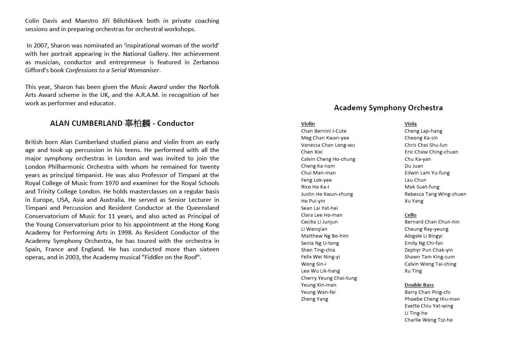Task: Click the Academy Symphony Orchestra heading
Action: click(x=388, y=108)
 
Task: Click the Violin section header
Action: click(x=308, y=124)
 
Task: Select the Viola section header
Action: click(x=411, y=124)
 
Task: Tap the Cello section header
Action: click(x=411, y=215)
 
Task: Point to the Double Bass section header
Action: click(x=419, y=285)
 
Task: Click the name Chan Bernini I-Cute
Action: click(x=323, y=131)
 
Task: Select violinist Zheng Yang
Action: click(x=314, y=299)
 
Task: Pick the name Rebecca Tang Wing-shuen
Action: click(x=435, y=194)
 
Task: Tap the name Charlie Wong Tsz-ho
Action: click(x=428, y=320)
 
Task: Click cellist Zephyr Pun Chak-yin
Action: click(x=428, y=250)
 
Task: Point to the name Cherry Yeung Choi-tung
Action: click(x=329, y=278)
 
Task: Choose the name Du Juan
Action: click(x=414, y=166)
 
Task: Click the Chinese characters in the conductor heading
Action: click(x=138, y=124)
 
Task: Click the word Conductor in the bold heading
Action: click(x=175, y=124)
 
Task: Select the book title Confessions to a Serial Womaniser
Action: click(x=112, y=70)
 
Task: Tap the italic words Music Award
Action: click(x=149, y=87)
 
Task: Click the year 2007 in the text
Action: click(x=41, y=46)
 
